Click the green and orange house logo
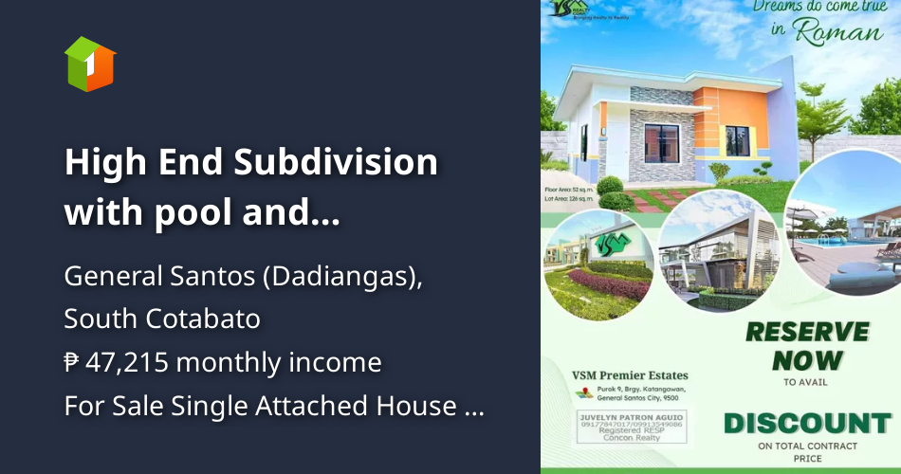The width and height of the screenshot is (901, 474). point(89,64)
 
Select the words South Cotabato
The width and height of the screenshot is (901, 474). point(162,319)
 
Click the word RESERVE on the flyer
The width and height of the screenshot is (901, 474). point(806,332)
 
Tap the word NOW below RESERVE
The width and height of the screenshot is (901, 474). point(806,360)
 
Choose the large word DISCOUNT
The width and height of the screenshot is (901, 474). point(806,423)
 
